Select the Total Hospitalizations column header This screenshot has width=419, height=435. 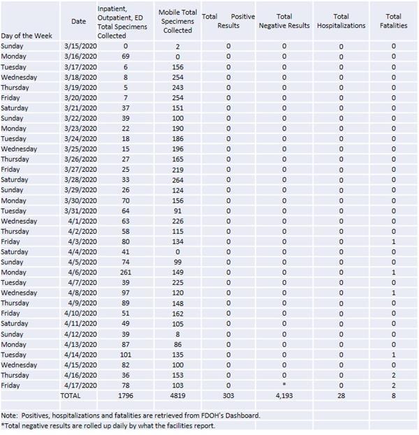pos(341,20)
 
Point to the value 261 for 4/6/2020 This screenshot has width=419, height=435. pos(126,272)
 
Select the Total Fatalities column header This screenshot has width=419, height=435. pos(393,20)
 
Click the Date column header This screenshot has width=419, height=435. pos(79,21)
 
